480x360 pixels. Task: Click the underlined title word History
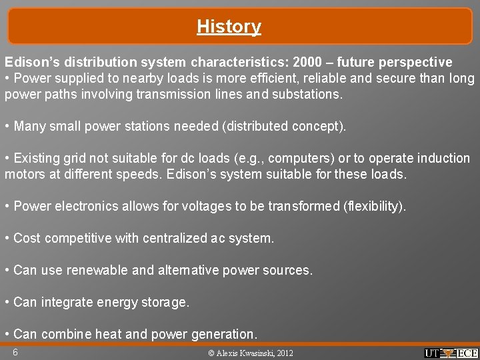229,27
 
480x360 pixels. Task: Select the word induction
443,158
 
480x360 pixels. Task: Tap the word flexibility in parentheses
373,206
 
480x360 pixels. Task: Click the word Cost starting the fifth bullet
27,238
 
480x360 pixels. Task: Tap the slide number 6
15,351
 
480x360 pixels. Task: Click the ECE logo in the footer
467,353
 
